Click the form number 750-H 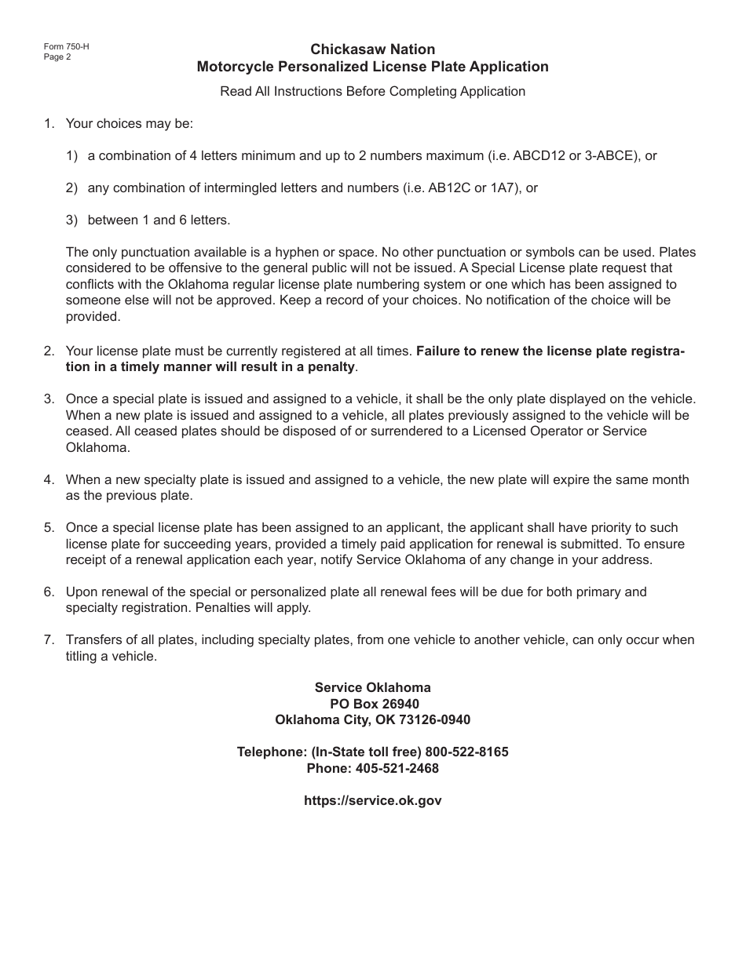67,46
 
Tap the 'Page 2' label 57,56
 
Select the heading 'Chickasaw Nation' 372,49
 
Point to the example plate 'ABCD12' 539,155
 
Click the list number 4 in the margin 49,479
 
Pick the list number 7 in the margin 49,640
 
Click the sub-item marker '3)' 72,220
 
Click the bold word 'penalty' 333,367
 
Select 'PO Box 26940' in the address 372,704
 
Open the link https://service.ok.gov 372,800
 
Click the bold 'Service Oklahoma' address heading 372,687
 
